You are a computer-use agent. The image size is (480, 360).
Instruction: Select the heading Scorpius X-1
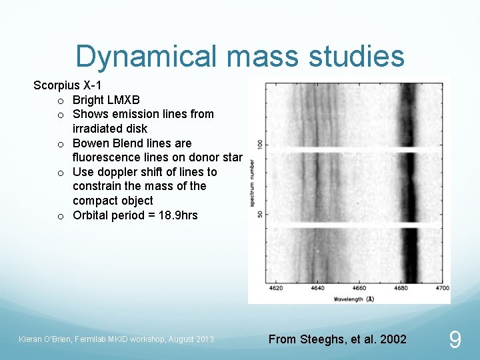[x=67, y=86]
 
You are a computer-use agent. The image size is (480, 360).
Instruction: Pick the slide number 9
[x=455, y=341]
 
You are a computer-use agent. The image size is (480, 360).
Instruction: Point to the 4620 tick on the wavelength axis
[x=275, y=288]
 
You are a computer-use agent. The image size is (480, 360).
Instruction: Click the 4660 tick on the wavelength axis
[x=359, y=288]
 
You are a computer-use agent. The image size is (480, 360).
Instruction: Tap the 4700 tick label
[x=441, y=288]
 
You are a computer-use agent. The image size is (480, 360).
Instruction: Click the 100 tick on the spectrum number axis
[x=259, y=144]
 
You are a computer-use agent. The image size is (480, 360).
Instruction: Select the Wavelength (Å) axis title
[x=353, y=299]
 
